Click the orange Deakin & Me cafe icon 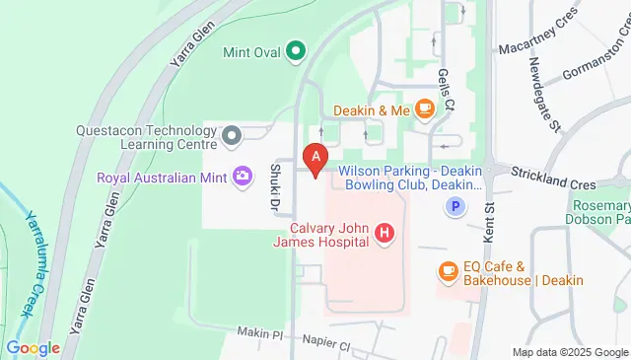pyautogui.click(x=425, y=109)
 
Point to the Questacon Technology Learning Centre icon pyautogui.click(x=232, y=135)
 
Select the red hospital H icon pyautogui.click(x=385, y=234)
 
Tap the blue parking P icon pyautogui.click(x=455, y=207)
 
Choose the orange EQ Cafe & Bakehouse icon pyautogui.click(x=448, y=269)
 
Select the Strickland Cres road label pyautogui.click(x=554, y=182)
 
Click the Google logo pyautogui.click(x=33, y=348)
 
